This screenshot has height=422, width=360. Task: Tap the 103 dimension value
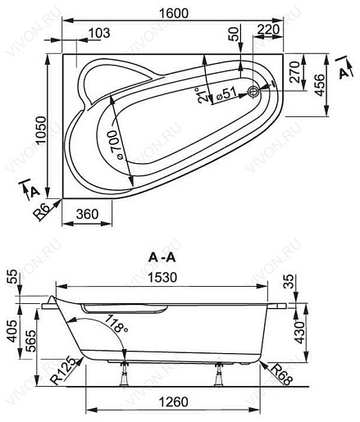point(98,34)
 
